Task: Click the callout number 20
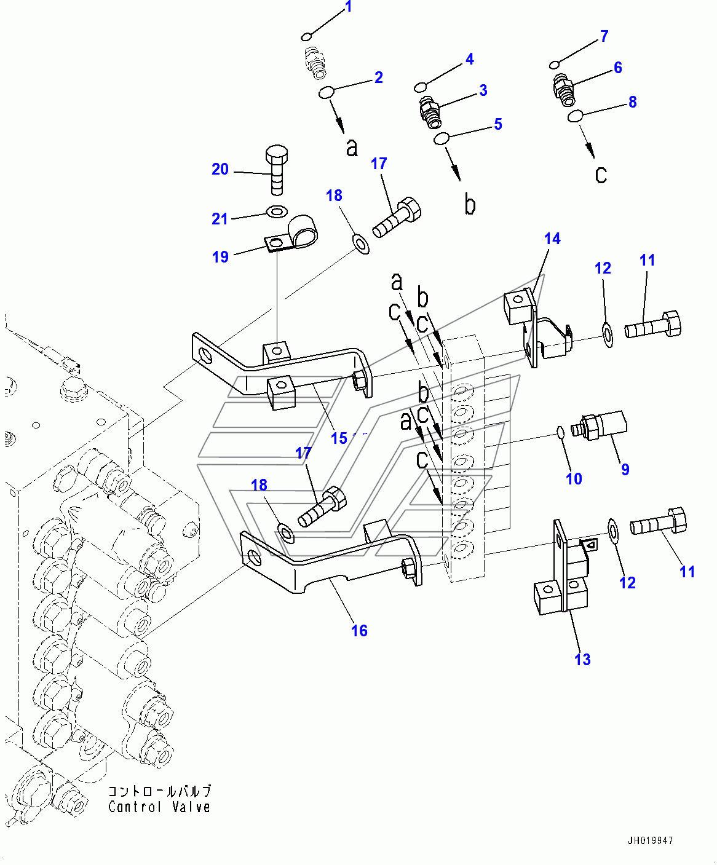tap(220, 169)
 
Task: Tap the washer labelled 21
tap(275, 213)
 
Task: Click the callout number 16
tap(359, 630)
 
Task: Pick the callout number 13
tap(582, 659)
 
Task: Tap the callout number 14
tap(552, 239)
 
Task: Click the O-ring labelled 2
tap(326, 93)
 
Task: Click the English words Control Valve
tap(159, 807)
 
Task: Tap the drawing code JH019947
tap(650, 840)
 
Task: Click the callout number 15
tap(339, 438)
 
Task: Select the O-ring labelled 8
tap(576, 116)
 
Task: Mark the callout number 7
tap(604, 36)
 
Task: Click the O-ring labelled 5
tap(441, 139)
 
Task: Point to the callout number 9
tap(625, 469)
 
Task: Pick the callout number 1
tap(349, 7)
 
